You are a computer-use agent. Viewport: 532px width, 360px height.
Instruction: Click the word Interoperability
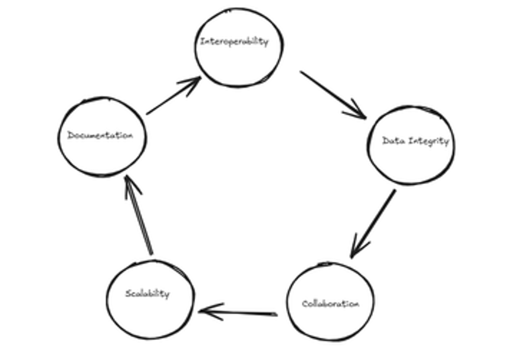234,42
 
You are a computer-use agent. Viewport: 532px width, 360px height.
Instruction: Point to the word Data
392,141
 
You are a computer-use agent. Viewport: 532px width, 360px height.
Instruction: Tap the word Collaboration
330,304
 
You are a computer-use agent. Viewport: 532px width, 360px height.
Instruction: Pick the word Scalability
147,293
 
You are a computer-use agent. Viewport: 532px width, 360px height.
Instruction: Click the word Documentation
100,136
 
